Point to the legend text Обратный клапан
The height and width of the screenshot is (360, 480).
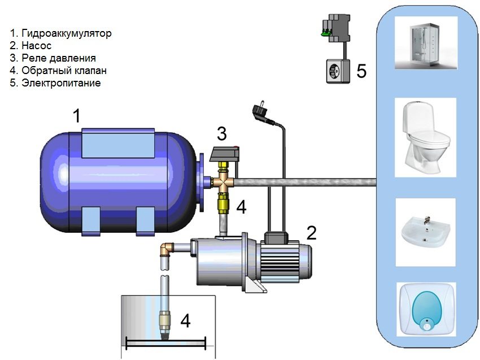[x=64, y=71]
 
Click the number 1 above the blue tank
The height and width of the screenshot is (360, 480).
[x=77, y=117]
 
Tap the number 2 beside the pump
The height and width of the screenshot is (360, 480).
[x=311, y=232]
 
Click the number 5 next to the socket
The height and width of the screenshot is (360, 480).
[x=361, y=71]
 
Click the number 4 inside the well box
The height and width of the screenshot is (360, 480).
[x=185, y=320]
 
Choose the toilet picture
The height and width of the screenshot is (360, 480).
[x=425, y=133]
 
